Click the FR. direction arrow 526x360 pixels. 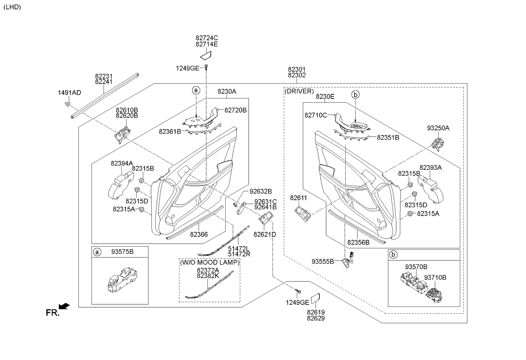point(64,306)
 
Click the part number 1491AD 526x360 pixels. point(69,93)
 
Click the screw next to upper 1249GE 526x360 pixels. point(206,67)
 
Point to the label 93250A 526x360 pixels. point(438,128)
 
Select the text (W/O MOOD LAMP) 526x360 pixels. point(210,262)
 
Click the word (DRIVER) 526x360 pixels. point(299,91)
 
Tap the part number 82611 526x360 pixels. point(298,198)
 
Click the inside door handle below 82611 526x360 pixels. point(302,213)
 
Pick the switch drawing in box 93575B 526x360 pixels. point(120,280)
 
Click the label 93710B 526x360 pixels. point(435,278)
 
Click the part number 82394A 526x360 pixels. point(122,163)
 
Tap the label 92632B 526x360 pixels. point(260,191)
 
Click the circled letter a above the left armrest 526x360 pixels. point(196,90)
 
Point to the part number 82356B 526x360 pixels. point(358,242)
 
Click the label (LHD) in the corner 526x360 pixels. point(12,7)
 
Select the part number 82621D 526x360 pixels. point(265,234)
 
